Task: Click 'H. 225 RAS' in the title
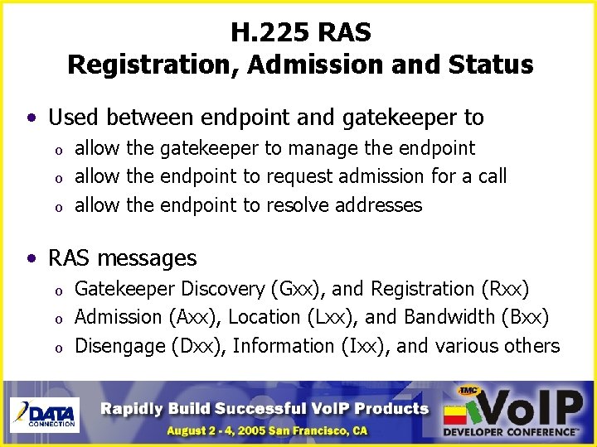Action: (300, 33)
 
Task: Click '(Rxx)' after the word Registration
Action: (505, 289)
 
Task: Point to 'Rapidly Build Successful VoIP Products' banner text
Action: (265, 407)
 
